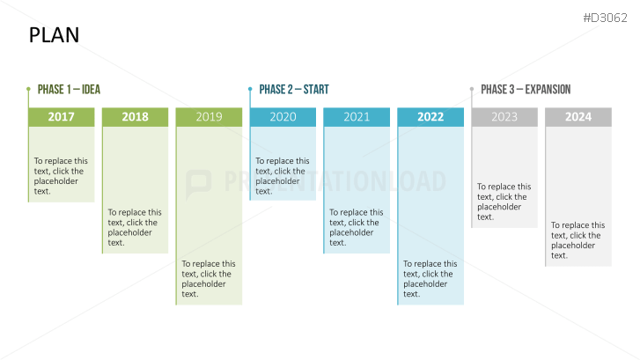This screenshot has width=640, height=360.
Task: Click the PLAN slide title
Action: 54,35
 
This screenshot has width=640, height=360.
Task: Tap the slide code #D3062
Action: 605,18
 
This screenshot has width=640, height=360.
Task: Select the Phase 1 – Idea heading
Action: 69,90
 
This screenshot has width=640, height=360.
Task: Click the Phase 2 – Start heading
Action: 294,90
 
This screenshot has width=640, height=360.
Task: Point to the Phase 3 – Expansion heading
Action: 526,90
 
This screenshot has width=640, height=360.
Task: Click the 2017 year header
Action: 62,117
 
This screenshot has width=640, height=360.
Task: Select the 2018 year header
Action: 135,117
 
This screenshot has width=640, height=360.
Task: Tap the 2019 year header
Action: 209,117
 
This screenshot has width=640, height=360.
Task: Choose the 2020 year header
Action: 283,117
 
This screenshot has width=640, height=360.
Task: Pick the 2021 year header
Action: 357,117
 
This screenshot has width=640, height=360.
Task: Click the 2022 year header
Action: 430,117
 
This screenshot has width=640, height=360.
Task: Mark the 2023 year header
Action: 504,117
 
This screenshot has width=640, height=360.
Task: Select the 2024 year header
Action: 578,117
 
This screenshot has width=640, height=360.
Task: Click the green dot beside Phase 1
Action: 28,89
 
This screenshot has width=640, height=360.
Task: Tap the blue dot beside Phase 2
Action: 250,89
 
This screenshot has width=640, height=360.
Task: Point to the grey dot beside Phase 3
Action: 472,89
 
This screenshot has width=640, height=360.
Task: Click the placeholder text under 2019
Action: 209,279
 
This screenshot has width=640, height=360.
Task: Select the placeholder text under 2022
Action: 430,279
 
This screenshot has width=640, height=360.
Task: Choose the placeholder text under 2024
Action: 578,240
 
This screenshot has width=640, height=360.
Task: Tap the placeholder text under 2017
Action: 61,176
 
